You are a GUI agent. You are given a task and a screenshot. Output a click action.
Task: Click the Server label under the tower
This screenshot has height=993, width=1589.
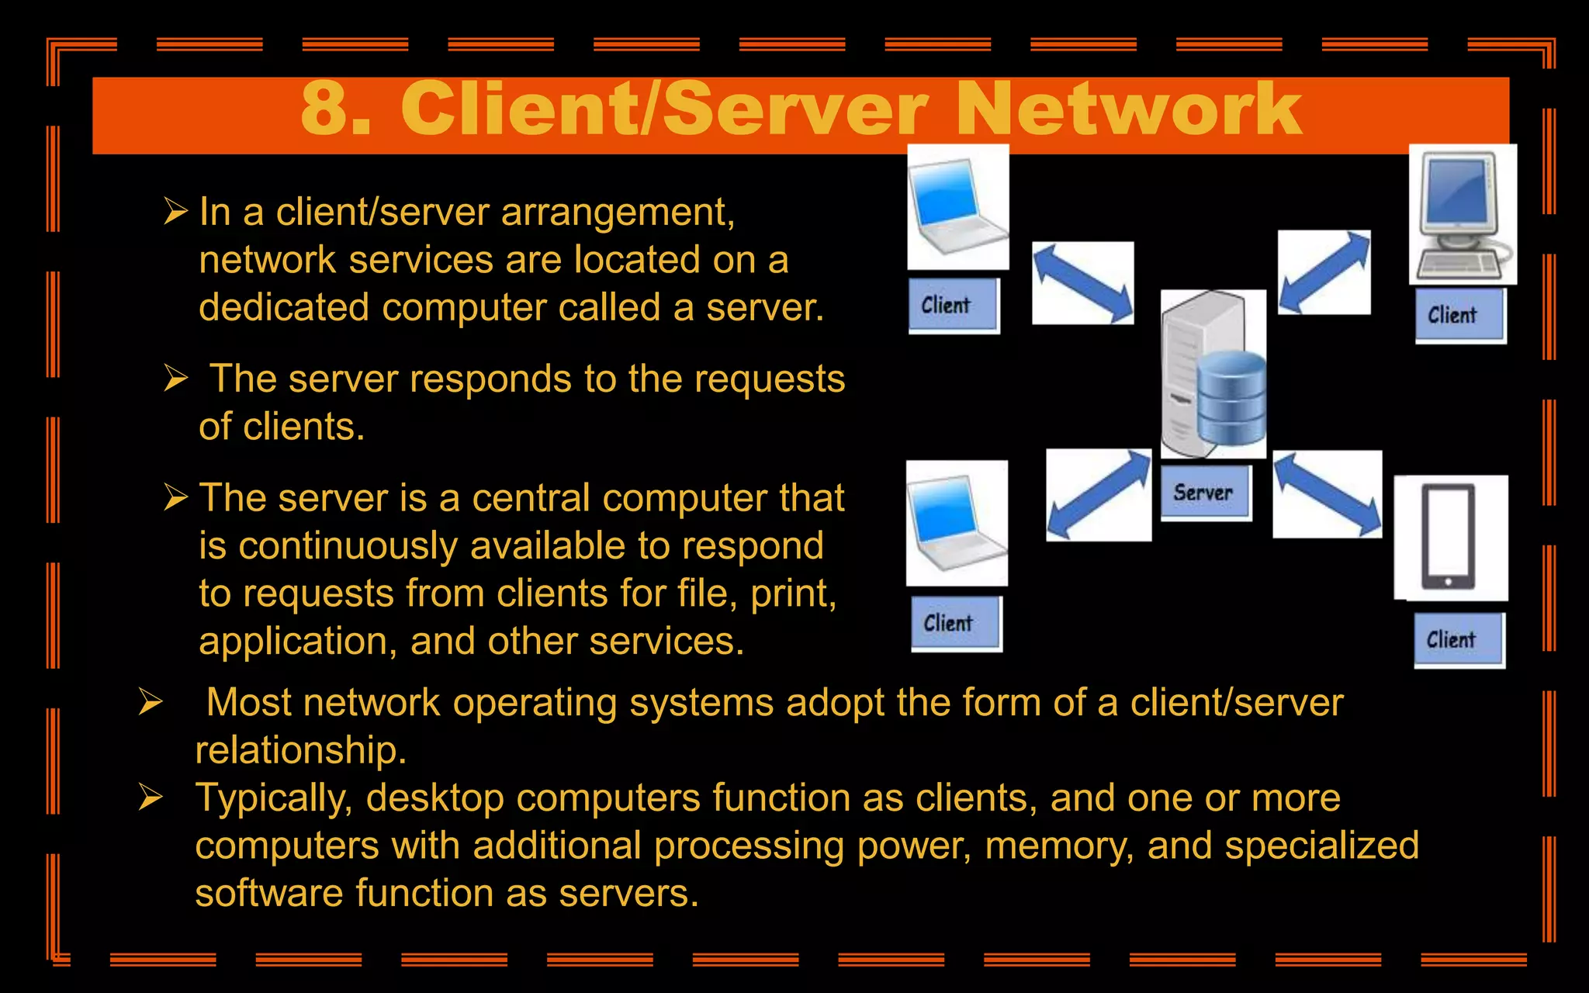[1203, 493]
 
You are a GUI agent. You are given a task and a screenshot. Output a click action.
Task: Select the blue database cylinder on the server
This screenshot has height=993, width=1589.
[1231, 397]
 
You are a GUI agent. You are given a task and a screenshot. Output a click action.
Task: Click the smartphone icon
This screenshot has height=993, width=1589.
[1449, 537]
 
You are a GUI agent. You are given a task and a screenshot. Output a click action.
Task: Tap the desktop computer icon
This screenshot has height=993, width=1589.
[1461, 214]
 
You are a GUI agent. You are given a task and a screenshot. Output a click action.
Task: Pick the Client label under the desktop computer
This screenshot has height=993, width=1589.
[1452, 315]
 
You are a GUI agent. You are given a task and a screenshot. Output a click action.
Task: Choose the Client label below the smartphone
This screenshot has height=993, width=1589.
[1451, 640]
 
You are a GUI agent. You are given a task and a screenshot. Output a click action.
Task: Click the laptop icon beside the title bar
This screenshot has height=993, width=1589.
[957, 206]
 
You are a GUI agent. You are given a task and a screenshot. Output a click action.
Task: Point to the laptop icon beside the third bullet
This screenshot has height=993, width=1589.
[956, 522]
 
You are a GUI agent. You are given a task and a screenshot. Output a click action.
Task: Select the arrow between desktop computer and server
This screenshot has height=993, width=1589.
[1324, 272]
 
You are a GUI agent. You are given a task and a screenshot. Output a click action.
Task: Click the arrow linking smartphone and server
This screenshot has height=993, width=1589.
[1328, 494]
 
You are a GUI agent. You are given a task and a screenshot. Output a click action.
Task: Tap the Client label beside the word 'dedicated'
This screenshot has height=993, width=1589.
[946, 306]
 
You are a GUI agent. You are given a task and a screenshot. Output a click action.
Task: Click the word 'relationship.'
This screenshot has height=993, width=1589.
[301, 750]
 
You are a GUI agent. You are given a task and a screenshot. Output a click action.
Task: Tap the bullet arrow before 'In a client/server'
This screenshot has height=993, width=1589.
[176, 211]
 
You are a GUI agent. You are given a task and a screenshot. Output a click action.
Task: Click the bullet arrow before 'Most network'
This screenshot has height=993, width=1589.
[151, 702]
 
